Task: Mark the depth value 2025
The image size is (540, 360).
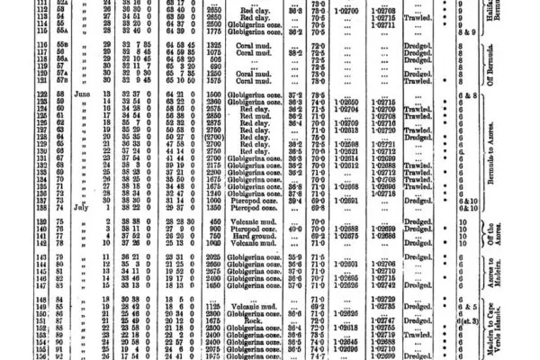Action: pos(214,258)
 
